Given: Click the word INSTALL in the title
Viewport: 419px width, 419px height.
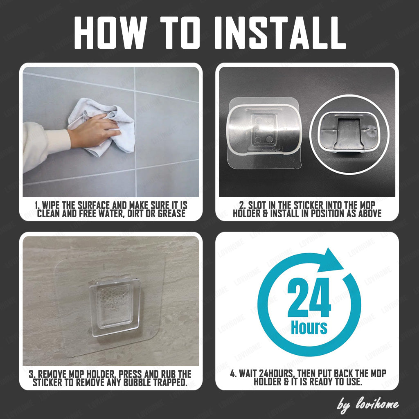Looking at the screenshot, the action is click(x=280, y=33).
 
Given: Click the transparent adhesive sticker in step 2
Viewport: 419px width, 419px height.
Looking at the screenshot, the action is click(x=264, y=133).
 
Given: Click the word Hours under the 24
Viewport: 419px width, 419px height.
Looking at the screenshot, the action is click(x=309, y=327).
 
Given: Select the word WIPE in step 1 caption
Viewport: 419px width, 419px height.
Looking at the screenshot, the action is click(x=51, y=205).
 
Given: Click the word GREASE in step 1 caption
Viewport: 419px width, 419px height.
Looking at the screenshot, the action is click(x=171, y=214).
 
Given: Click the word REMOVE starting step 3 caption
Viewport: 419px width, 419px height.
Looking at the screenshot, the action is click(x=52, y=374).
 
